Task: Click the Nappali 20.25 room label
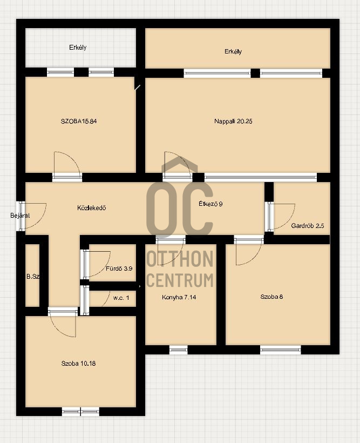233,121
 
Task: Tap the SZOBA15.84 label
79,121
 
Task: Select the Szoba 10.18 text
78,364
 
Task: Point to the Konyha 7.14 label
179,297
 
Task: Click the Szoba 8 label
271,297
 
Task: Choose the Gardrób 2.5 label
308,226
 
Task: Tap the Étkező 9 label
210,204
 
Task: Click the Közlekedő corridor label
91,208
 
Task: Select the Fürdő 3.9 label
119,269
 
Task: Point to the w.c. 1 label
121,298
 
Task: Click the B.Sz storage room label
33,277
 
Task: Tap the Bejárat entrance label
20,216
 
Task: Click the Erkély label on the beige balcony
233,51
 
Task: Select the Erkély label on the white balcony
78,47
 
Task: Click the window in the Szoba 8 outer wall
280,350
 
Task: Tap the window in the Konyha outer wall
179,350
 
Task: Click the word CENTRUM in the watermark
180,280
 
